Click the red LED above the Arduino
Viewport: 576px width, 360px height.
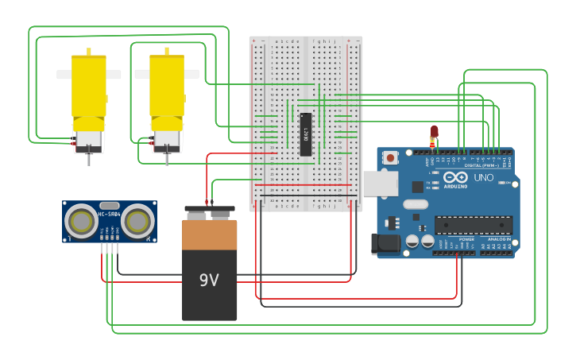[x=434, y=130]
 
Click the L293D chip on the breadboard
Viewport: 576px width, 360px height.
[x=305, y=134]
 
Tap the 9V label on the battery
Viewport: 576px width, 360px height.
[x=209, y=280]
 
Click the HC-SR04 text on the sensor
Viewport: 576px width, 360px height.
[x=109, y=213]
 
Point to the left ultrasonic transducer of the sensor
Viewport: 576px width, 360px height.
[x=80, y=221]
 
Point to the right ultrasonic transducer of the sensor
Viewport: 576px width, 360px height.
[x=137, y=221]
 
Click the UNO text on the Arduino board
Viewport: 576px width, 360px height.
[x=483, y=178]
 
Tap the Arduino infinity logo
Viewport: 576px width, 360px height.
[x=456, y=177]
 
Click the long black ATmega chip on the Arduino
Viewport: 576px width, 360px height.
[x=473, y=225]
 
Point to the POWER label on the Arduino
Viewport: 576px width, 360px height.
[x=466, y=238]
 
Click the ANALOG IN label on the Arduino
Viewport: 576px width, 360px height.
[x=499, y=238]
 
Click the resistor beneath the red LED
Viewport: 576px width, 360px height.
[x=433, y=143]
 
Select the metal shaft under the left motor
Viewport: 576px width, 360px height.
[x=88, y=160]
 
